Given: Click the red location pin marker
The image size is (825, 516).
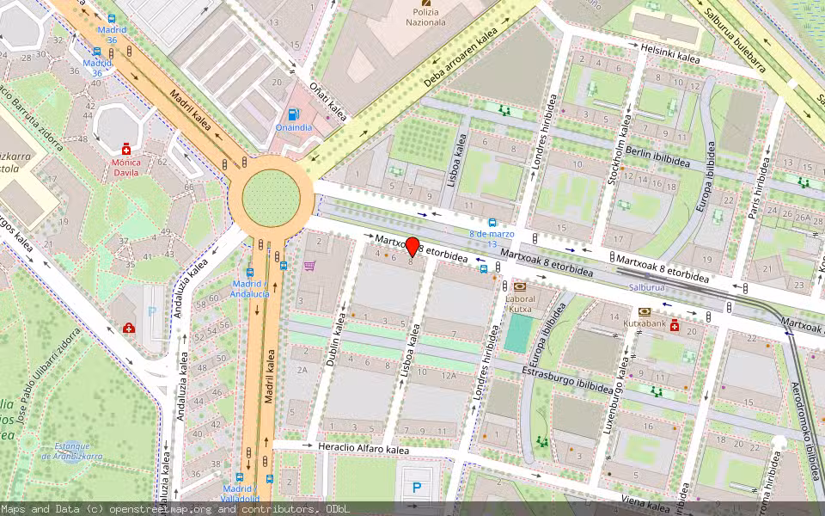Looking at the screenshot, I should (412, 247).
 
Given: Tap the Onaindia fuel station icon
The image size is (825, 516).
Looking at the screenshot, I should (294, 114).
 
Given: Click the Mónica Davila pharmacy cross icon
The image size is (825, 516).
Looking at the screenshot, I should (127, 148).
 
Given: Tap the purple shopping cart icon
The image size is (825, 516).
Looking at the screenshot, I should (309, 266).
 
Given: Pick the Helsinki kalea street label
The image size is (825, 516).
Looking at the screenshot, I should (667, 51).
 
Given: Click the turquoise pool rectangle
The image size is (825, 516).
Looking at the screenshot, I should (518, 333).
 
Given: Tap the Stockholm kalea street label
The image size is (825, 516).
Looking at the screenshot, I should (620, 154).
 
